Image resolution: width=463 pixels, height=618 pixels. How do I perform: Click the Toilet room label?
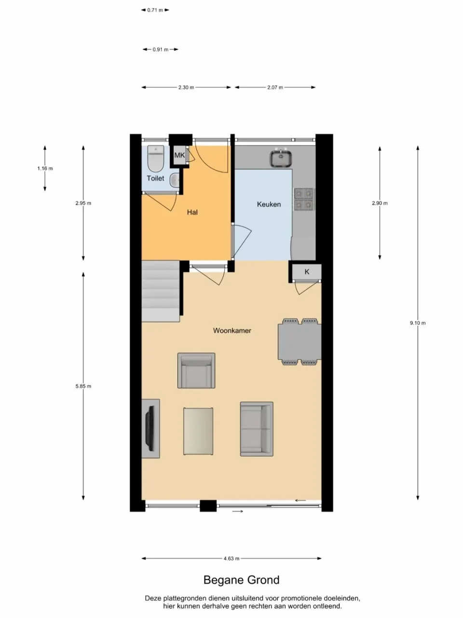tap(155, 178)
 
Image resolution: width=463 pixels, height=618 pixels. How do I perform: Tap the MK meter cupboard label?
tap(179, 155)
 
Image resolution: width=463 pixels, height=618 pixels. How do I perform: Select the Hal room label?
tap(192, 212)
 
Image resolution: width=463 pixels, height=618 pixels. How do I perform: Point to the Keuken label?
tap(269, 204)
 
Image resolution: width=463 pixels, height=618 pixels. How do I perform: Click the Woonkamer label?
tap(232, 331)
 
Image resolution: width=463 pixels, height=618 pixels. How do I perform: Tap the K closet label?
tap(307, 272)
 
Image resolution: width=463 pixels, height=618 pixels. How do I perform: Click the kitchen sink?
tap(280, 158)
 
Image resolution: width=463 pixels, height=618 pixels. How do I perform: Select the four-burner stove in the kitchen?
tap(304, 199)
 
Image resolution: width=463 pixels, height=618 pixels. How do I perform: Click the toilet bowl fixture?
tap(156, 159)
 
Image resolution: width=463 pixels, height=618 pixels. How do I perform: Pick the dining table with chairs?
tap(300, 341)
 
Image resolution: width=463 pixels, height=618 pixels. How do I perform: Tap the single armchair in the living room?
tap(196, 370)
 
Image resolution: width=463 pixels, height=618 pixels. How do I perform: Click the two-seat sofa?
tap(257, 428)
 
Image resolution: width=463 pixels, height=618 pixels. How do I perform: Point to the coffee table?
tap(198, 431)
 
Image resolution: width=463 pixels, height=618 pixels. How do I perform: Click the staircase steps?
tap(161, 291)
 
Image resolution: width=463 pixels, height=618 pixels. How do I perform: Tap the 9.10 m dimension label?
tap(418, 323)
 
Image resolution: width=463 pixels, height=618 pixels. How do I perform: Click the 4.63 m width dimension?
tap(231, 559)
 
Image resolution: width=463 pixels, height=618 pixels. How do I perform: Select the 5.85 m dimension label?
tap(83, 386)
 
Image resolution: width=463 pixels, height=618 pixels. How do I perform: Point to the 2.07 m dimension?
tap(275, 87)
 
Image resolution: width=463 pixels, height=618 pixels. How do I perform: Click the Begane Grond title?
tap(241, 580)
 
